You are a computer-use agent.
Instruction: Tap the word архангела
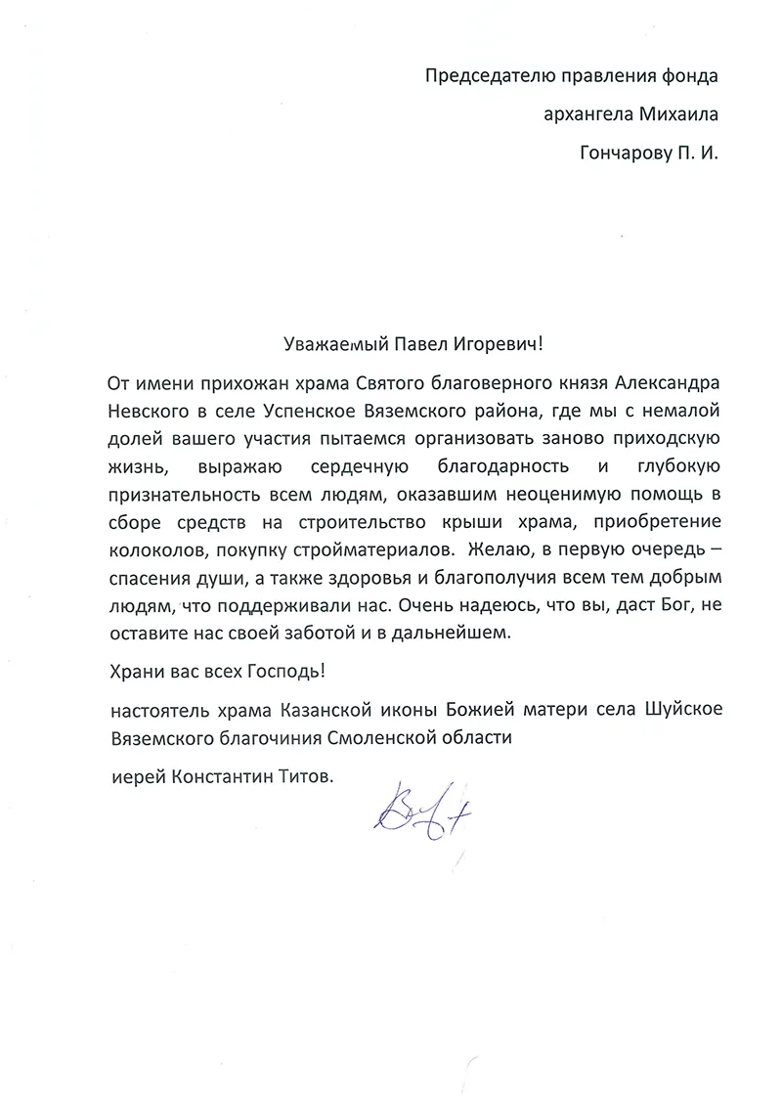coord(584,114)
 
